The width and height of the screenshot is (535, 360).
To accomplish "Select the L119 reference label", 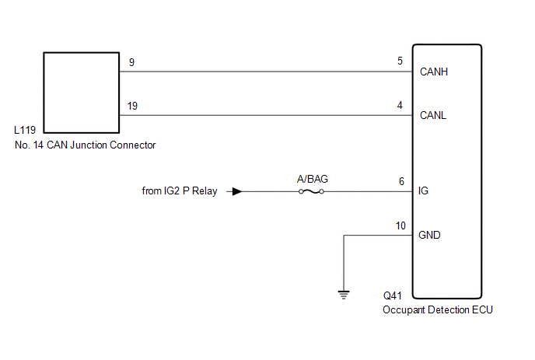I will pos(25,131).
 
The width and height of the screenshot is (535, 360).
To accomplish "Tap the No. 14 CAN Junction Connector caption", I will pos(85,145).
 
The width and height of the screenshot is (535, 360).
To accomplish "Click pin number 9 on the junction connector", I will pos(131,62).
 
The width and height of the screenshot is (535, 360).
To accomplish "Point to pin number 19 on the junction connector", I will pos(133,106).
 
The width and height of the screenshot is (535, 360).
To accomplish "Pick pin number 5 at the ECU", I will pos(401,62).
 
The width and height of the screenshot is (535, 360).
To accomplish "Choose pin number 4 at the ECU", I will pos(401,106).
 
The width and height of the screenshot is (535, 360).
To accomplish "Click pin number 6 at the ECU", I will pos(401,180).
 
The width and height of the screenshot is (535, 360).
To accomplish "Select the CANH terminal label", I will pos(434,72).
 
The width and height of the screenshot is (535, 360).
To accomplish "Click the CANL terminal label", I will pos(433,117).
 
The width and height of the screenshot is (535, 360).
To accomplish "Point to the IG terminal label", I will pos(424,190).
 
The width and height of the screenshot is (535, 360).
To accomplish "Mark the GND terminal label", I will pos(430,235).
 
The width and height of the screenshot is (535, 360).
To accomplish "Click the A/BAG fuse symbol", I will pos(313,191).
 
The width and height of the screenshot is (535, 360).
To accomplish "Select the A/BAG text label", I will pos(313,179).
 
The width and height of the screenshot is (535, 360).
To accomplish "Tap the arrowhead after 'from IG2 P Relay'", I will pos(238,191).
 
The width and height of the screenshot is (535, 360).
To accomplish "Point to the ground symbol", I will pos(344,294).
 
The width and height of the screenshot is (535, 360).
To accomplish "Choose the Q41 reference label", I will pos(394,296).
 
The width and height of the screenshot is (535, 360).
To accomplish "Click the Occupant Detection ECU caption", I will pos(437,309).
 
